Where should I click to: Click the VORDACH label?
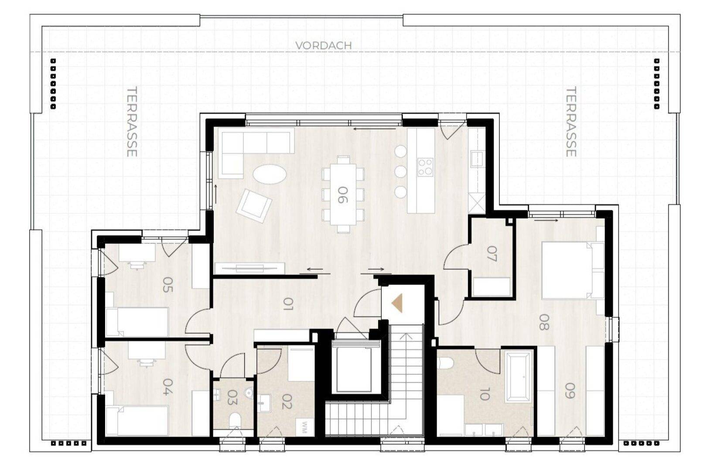(x=324, y=46)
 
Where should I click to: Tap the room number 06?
(x=342, y=195)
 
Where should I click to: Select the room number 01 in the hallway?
(x=288, y=305)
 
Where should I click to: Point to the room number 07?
(x=492, y=254)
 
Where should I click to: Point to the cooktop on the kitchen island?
(x=425, y=167)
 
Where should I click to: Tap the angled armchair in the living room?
(x=254, y=206)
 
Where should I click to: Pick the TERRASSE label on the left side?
(x=132, y=122)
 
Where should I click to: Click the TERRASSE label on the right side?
(x=571, y=122)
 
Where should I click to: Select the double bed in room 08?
(x=573, y=270)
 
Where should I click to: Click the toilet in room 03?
(x=235, y=420)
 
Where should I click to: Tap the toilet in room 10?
(x=446, y=363)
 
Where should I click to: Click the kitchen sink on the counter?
(x=477, y=158)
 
